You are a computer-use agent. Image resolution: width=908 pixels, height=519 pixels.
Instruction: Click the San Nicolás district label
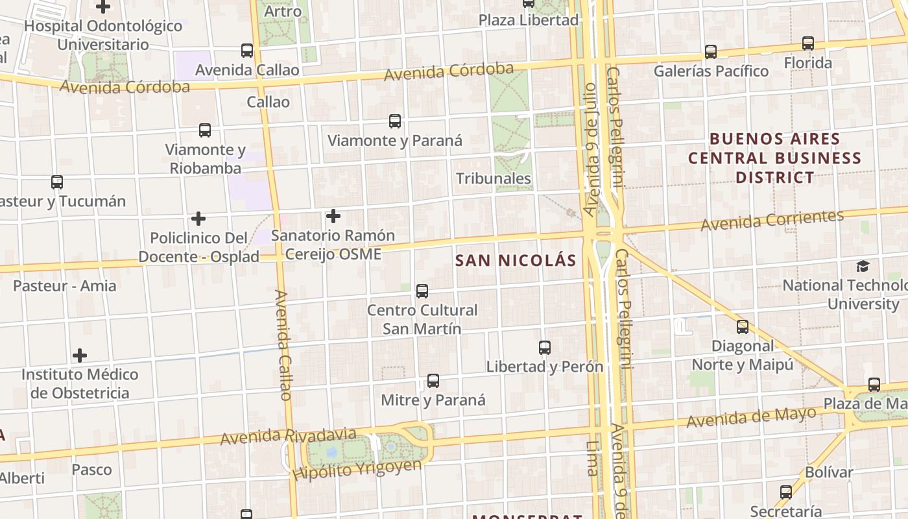point(516,261)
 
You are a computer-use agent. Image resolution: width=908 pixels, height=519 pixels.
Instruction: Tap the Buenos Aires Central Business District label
point(774,158)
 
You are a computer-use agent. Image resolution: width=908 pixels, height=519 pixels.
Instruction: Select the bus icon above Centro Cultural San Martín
point(422,291)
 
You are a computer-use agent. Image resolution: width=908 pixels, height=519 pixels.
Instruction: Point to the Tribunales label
point(493,178)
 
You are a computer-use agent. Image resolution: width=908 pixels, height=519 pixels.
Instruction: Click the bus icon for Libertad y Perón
point(545,348)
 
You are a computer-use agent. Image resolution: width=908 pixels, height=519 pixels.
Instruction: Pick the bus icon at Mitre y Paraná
point(433,381)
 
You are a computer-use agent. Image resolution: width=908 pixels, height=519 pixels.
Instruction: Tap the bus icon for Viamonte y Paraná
point(394,121)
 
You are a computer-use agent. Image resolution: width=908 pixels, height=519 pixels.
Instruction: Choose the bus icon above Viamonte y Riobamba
point(205,130)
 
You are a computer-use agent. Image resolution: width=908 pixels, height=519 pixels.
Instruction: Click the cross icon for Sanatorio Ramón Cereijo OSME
point(333,215)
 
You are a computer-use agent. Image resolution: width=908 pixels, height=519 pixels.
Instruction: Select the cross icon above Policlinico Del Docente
point(198,219)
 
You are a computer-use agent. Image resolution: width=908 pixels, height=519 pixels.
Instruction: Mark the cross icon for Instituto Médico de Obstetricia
point(80,356)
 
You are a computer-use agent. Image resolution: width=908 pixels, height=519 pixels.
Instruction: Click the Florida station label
point(807,63)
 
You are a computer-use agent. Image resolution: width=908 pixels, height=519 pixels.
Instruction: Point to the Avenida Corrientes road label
point(772,221)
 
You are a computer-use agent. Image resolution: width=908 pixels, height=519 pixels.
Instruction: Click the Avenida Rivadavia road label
point(288,436)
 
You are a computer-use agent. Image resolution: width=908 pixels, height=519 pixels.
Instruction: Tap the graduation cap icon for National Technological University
point(863,266)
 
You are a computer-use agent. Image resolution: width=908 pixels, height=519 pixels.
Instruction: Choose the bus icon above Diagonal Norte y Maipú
point(743,327)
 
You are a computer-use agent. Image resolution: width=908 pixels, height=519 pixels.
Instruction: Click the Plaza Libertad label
point(528,20)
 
